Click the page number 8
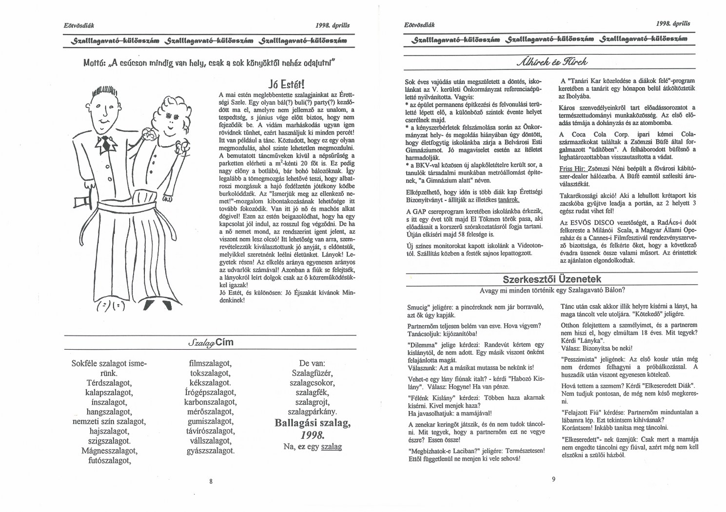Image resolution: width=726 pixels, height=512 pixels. (x=211, y=481)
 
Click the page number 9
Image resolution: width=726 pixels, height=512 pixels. (x=553, y=479)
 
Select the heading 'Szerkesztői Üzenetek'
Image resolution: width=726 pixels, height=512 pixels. (x=552, y=279)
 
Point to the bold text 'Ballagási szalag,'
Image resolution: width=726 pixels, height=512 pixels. (x=313, y=423)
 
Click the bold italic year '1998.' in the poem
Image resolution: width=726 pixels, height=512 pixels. (x=312, y=435)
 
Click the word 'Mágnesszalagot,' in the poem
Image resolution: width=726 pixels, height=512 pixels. (x=109, y=451)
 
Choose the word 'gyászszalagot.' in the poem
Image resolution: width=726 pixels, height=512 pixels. (x=210, y=451)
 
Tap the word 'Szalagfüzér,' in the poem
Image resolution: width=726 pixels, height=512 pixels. (x=312, y=373)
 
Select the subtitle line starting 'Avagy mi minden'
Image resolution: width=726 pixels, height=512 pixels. (x=552, y=290)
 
